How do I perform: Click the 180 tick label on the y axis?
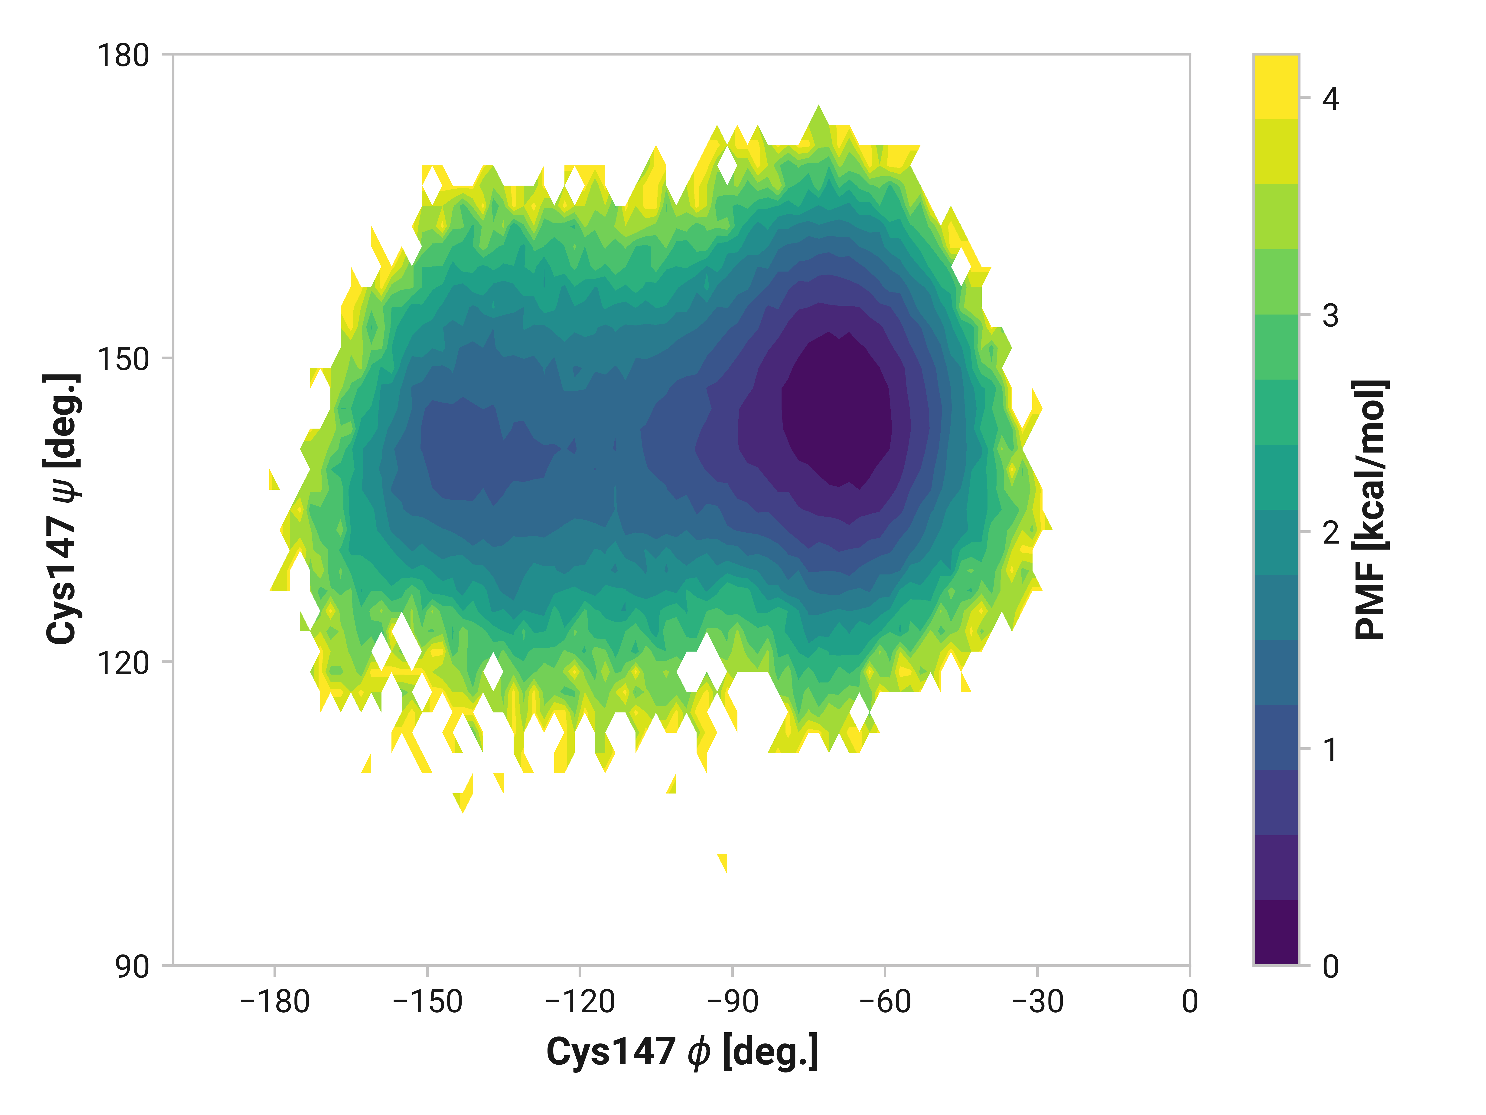pyautogui.click(x=123, y=56)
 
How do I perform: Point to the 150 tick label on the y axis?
pyautogui.click(x=123, y=360)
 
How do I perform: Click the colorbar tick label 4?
pyautogui.click(x=1330, y=99)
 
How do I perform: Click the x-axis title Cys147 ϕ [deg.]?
pyautogui.click(x=682, y=1052)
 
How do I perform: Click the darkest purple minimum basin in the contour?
pyautogui.click(x=836, y=410)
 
